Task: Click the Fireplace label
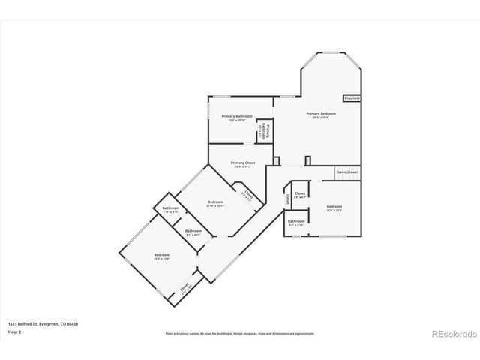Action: (352, 98)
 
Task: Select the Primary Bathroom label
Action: (236, 117)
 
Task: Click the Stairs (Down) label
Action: (347, 172)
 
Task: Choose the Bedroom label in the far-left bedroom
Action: (162, 255)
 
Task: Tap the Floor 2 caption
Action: (15, 331)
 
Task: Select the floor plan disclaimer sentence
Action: (240, 332)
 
